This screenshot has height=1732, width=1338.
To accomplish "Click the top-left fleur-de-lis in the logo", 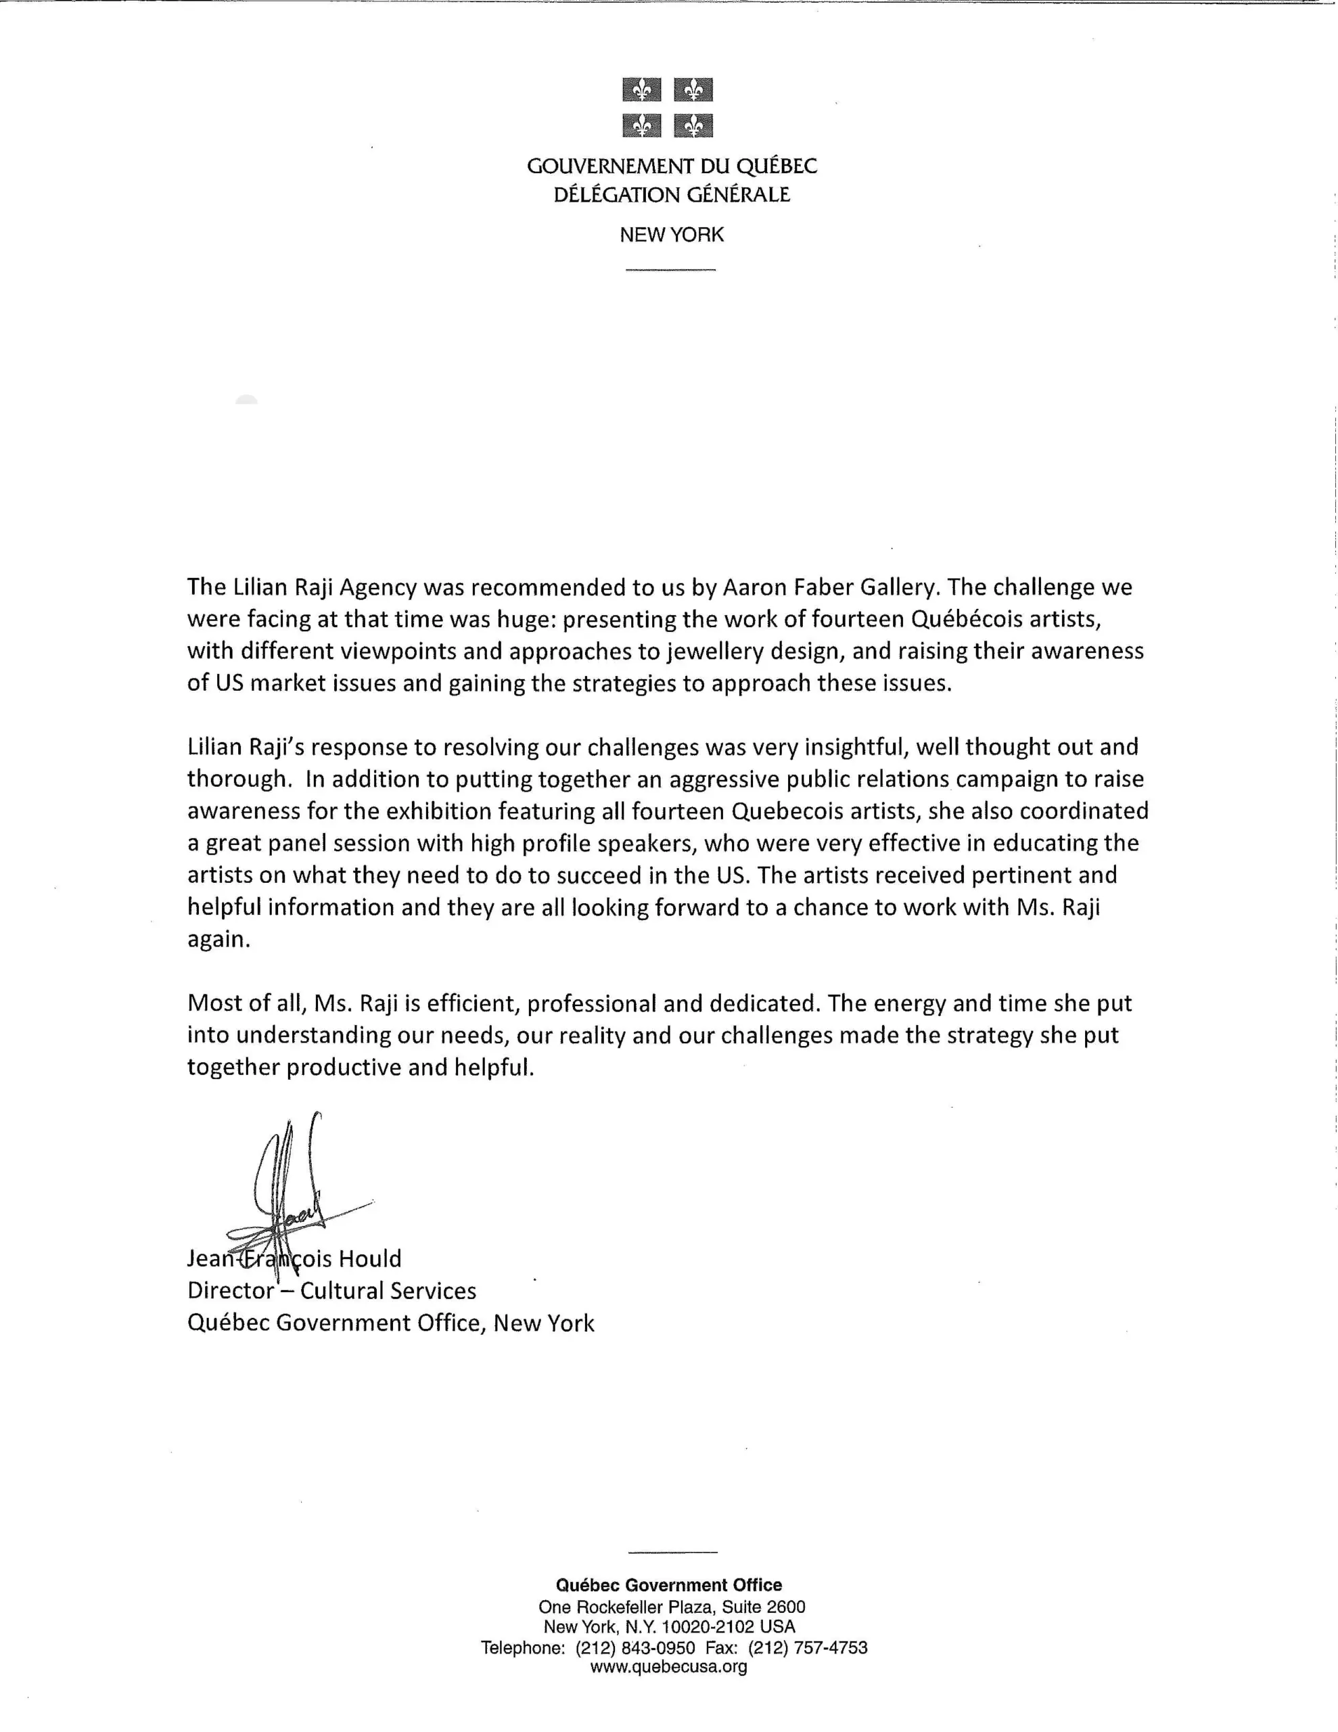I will pos(642,89).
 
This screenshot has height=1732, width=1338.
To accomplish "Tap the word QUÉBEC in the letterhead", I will pos(777,166).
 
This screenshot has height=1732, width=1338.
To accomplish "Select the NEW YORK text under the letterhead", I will pos(671,235).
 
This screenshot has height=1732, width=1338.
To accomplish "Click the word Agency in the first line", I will pos(377,588).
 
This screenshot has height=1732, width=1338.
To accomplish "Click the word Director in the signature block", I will pos(230,1291).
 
